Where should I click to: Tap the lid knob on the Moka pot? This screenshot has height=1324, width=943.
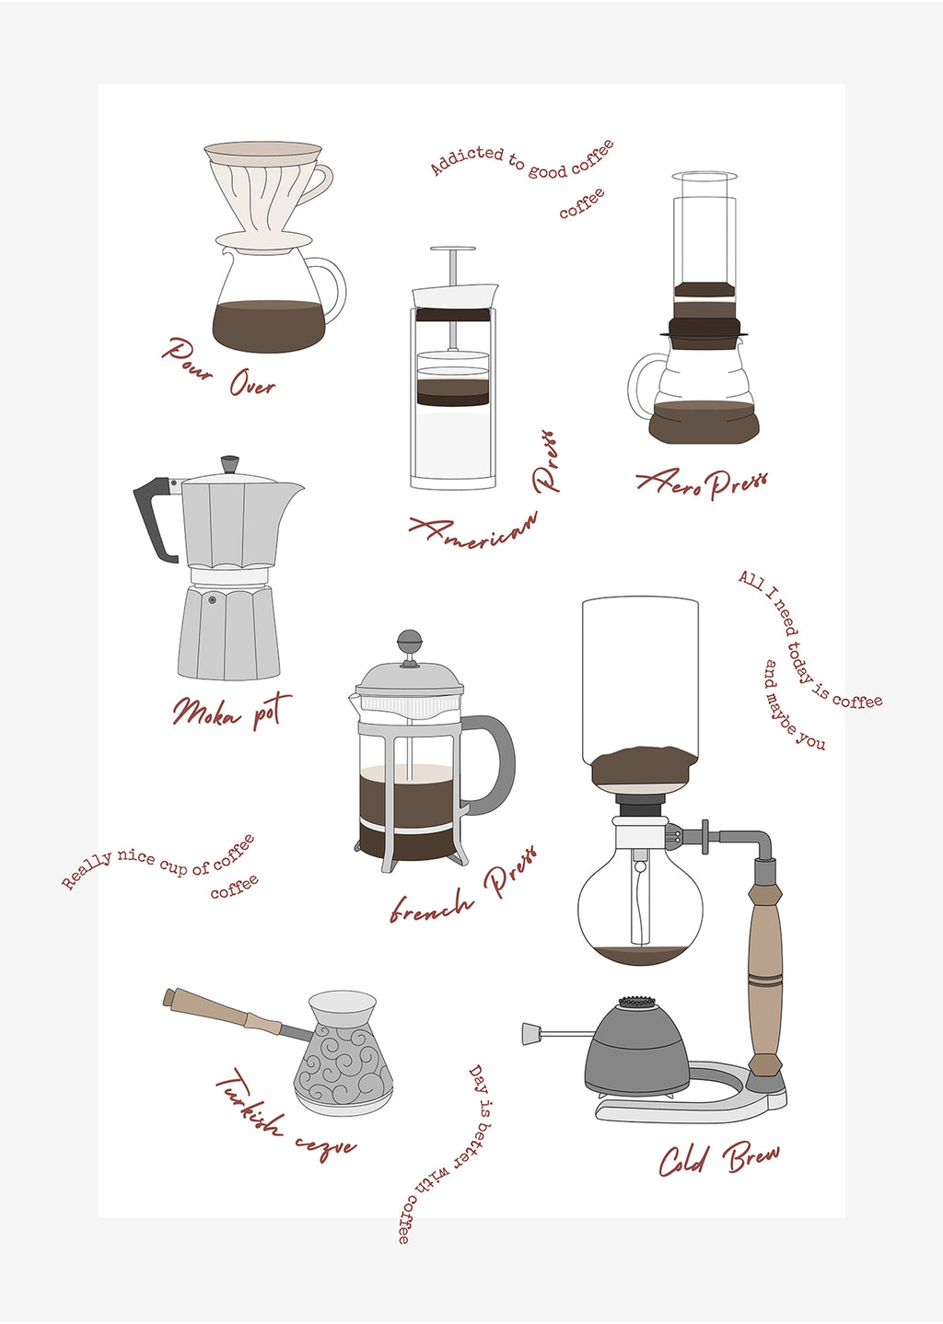tap(229, 463)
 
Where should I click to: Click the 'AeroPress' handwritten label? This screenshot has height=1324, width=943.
tap(703, 482)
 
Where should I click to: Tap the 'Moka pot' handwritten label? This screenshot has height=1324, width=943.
tap(231, 711)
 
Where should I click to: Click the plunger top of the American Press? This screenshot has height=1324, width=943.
tap(452, 250)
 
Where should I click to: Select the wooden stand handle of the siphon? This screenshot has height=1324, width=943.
tap(765, 967)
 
